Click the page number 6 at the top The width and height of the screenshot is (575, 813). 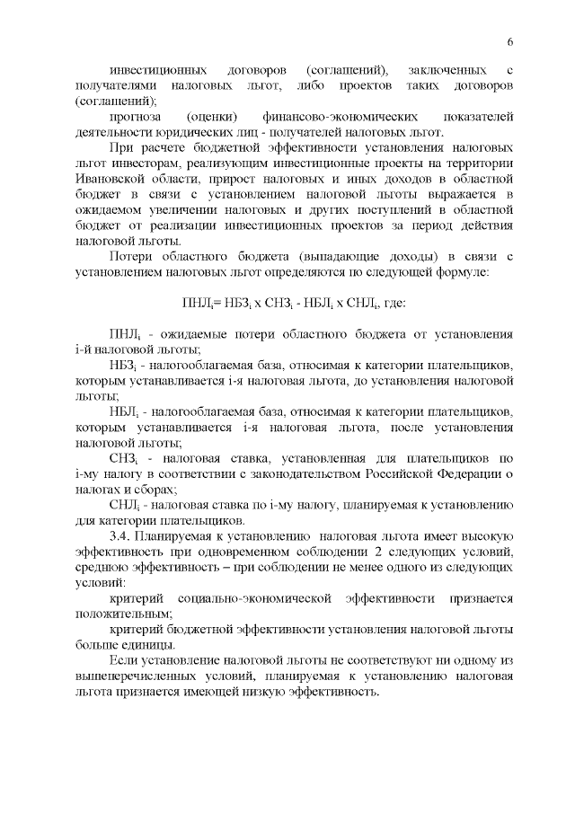coord(509,42)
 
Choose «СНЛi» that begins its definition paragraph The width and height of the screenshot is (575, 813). coord(124,506)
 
